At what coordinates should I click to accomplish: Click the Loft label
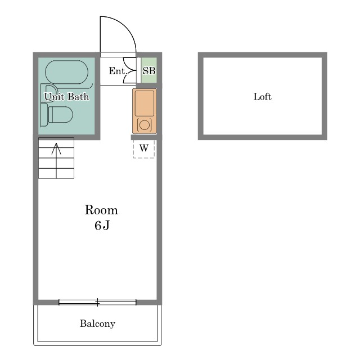(263, 97)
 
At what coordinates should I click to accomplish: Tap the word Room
(101, 210)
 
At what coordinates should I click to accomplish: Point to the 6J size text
(102, 225)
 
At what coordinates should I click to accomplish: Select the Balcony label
(97, 324)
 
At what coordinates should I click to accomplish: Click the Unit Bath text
(66, 97)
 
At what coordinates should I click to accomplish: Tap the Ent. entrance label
(118, 71)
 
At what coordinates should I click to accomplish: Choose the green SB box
(149, 70)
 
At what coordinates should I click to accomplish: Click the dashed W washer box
(144, 148)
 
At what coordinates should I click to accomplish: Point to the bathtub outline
(67, 72)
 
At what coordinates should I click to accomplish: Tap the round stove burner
(145, 125)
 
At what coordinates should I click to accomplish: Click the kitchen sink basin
(145, 103)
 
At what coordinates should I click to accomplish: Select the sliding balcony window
(97, 303)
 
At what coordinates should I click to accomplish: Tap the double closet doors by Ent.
(130, 70)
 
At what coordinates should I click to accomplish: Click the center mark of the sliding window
(97, 303)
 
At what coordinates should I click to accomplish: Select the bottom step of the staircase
(56, 173)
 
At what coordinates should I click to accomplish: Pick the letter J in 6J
(106, 225)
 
